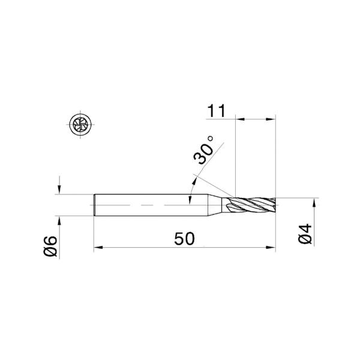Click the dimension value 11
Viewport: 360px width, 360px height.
point(217,111)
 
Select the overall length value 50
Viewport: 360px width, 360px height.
point(184,238)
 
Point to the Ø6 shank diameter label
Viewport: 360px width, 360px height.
point(50,246)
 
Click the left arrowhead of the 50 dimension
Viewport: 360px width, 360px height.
point(98,246)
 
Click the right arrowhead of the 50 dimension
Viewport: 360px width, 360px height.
point(272,246)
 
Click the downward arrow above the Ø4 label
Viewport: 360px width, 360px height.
point(314,193)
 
